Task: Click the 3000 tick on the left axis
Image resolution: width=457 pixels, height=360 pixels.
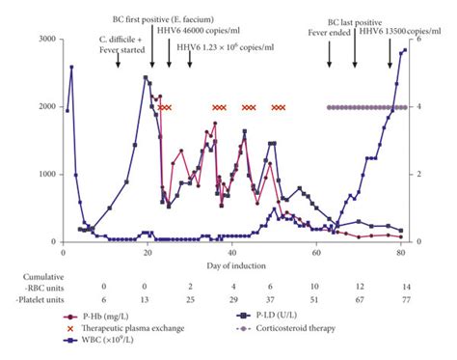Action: tap(41, 39)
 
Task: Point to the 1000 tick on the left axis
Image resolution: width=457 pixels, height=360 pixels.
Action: tap(41, 174)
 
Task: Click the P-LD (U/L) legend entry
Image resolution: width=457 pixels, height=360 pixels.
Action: tap(290, 315)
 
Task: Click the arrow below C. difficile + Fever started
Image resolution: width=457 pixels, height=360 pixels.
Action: tap(118, 59)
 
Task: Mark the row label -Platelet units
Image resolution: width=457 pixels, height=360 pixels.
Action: tap(41, 300)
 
